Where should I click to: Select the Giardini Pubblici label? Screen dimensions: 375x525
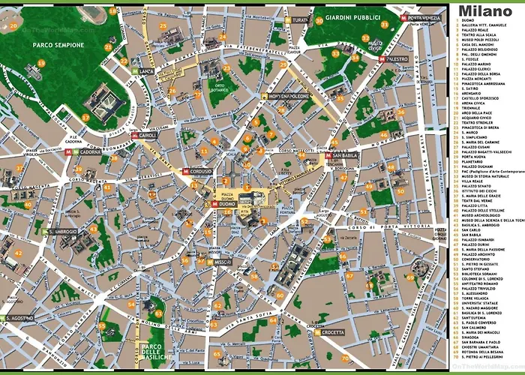343,18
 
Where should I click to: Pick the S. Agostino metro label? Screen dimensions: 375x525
16,319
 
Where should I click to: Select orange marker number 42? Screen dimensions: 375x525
19,253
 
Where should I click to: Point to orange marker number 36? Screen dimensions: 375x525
401,112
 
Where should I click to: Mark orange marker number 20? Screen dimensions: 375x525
13,25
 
